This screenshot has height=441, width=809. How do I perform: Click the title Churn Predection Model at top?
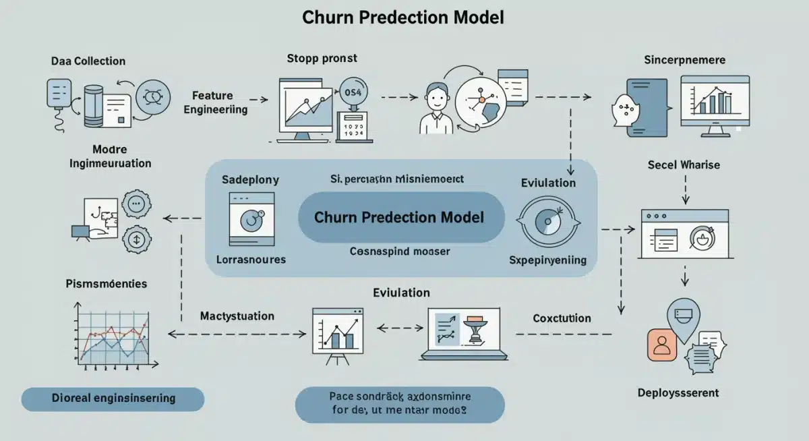pyautogui.click(x=404, y=18)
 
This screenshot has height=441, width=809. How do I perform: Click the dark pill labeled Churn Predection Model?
pyautogui.click(x=400, y=217)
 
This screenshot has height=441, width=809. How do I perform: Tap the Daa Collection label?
pyautogui.click(x=88, y=61)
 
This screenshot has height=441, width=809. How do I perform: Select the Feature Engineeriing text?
pyautogui.click(x=215, y=102)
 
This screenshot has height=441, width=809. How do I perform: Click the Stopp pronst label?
pyautogui.click(x=322, y=59)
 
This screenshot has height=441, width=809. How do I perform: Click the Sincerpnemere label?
pyautogui.click(x=684, y=60)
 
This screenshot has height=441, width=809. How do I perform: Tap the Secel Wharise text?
pyautogui.click(x=684, y=165)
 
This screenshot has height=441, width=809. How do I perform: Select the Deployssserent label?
pyautogui.click(x=678, y=392)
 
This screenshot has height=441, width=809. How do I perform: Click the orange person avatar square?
pyautogui.click(x=661, y=345)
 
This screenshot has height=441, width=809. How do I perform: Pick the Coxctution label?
pyautogui.click(x=562, y=318)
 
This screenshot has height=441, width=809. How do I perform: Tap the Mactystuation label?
pyautogui.click(x=237, y=316)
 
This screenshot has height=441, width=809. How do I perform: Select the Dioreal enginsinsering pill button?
pyautogui.click(x=113, y=399)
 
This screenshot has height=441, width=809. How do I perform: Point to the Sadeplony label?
pyautogui.click(x=250, y=180)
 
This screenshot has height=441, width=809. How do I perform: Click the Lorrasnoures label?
pyautogui.click(x=251, y=259)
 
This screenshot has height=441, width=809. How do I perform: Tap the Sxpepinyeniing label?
pyautogui.click(x=547, y=260)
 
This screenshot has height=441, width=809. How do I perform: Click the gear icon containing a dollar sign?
pyautogui.click(x=138, y=239)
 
